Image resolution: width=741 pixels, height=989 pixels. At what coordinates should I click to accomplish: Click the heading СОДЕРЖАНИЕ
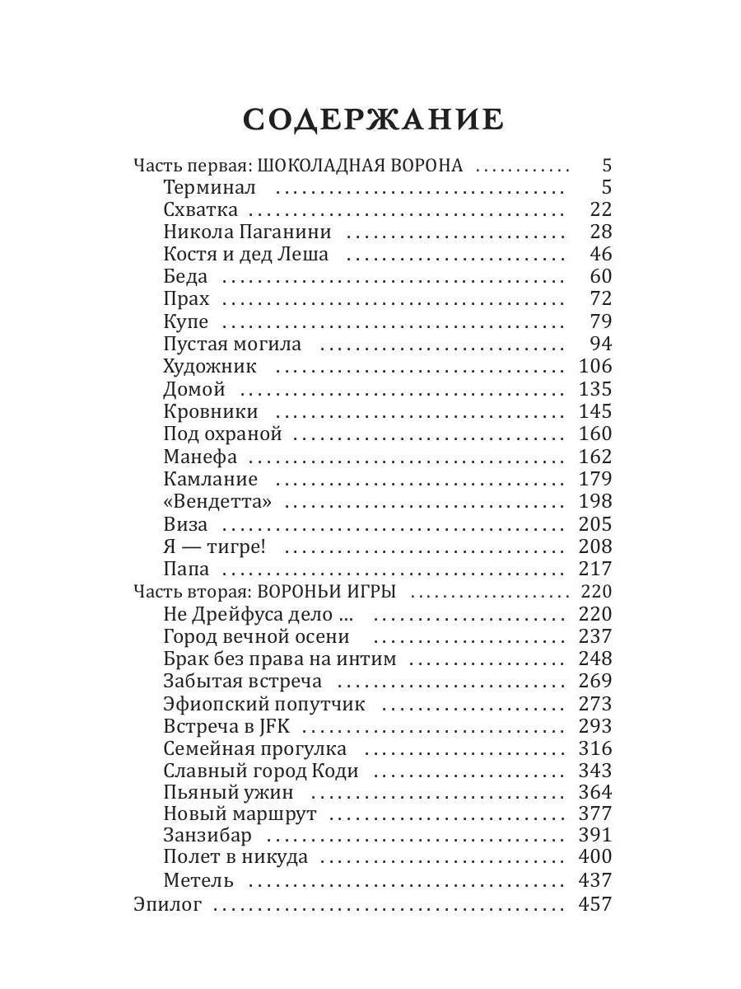tap(373, 120)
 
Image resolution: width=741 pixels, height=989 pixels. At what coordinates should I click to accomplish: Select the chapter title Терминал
tap(210, 187)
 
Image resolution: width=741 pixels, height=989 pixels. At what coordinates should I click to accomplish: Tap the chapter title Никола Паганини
tap(247, 232)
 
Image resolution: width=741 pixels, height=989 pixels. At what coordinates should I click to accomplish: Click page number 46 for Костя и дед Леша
tap(601, 254)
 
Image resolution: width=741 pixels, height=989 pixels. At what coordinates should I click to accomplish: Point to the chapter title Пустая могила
tap(232, 344)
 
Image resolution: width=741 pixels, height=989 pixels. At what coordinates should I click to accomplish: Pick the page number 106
tap(595, 366)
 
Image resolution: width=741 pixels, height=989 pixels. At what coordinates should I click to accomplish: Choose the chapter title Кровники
tap(211, 411)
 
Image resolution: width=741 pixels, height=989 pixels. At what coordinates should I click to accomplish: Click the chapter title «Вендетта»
tap(217, 501)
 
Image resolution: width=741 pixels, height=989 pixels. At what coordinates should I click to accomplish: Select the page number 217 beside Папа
tap(595, 569)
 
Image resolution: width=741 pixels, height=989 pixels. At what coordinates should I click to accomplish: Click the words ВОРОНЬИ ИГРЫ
tap(327, 592)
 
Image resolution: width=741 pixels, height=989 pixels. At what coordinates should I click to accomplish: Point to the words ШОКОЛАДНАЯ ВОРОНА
tap(361, 165)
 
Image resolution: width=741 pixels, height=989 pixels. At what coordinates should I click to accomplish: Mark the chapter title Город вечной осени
tap(256, 636)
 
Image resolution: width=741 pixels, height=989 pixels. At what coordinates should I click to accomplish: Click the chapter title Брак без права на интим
tap(280, 659)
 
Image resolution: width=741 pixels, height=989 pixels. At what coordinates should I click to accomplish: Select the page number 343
tap(595, 771)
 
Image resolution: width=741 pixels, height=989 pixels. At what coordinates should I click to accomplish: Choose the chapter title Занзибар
tap(207, 834)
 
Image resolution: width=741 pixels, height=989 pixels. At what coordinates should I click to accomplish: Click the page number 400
tap(595, 857)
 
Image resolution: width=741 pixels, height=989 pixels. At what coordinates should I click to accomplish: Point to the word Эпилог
tap(167, 904)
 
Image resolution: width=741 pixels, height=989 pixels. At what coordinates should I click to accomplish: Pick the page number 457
tap(595, 904)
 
